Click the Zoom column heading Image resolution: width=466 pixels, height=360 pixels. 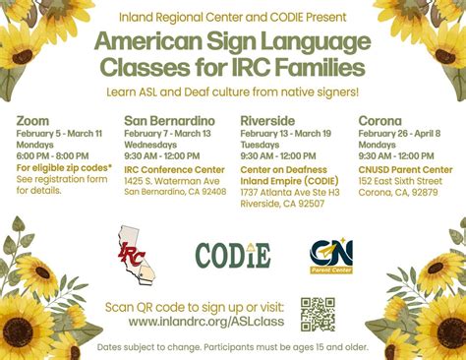(32, 121)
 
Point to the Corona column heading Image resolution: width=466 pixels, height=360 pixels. (381, 121)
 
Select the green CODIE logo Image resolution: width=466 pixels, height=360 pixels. (232, 255)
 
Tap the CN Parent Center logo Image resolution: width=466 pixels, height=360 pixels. (331, 255)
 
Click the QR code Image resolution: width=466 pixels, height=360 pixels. (318, 314)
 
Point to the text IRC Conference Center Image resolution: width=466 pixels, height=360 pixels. (174, 168)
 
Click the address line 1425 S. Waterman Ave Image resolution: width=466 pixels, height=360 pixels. (172, 180)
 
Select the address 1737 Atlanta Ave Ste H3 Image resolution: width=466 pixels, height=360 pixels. (290, 193)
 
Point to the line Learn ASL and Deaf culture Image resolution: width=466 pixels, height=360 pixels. (232, 91)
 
